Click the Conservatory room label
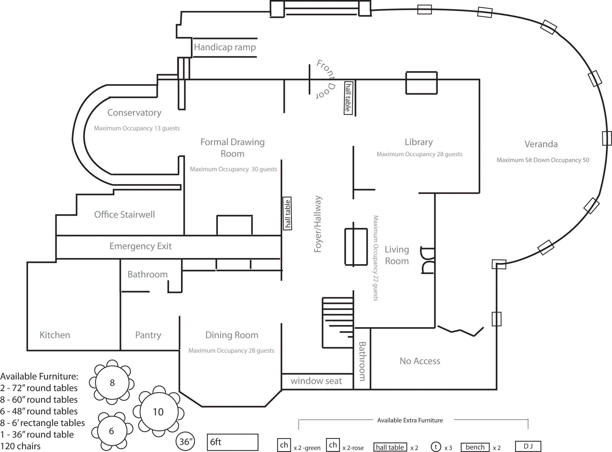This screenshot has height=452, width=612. tap(134, 113)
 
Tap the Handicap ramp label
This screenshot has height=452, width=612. tap(225, 47)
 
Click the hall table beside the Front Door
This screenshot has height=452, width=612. tap(348, 98)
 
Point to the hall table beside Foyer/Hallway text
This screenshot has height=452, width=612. tap(287, 214)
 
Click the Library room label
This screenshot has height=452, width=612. tap(419, 142)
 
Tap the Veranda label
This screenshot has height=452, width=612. tap(541, 144)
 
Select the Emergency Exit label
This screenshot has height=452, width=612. tap(141, 246)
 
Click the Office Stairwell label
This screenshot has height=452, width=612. tap(124, 214)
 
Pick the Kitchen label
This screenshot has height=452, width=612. tap(55, 335)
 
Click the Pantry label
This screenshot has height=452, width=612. tap(148, 335)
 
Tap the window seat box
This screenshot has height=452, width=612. tap(317, 381)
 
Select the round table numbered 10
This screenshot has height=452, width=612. tap(158, 412)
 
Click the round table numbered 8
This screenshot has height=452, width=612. tap(112, 383)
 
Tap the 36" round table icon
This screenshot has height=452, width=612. tap(186, 441)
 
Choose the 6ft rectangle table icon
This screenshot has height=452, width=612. tap(232, 442)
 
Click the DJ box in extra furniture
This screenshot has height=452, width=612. tap(528, 446)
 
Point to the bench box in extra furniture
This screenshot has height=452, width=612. tap(475, 447)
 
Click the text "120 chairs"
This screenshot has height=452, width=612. tap(21, 446)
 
